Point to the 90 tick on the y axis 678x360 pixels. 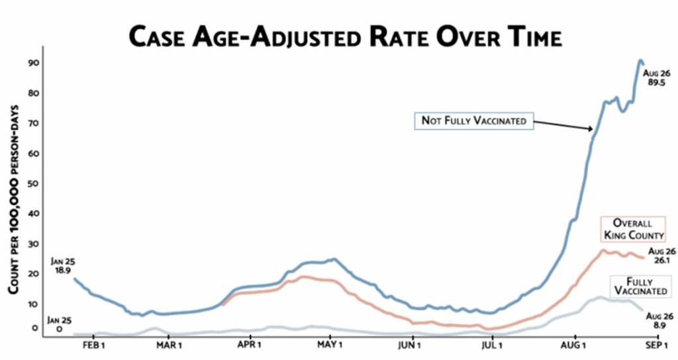pyautogui.click(x=32, y=63)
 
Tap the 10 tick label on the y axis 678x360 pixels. pyautogui.click(x=32, y=304)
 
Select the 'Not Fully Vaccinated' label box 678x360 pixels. pyautogui.click(x=473, y=121)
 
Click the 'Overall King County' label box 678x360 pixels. pyautogui.click(x=632, y=229)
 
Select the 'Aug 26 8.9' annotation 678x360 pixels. pyautogui.click(x=659, y=320)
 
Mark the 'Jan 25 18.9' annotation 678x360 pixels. pyautogui.click(x=62, y=266)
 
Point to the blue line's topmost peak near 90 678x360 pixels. pyautogui.click(x=640, y=61)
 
